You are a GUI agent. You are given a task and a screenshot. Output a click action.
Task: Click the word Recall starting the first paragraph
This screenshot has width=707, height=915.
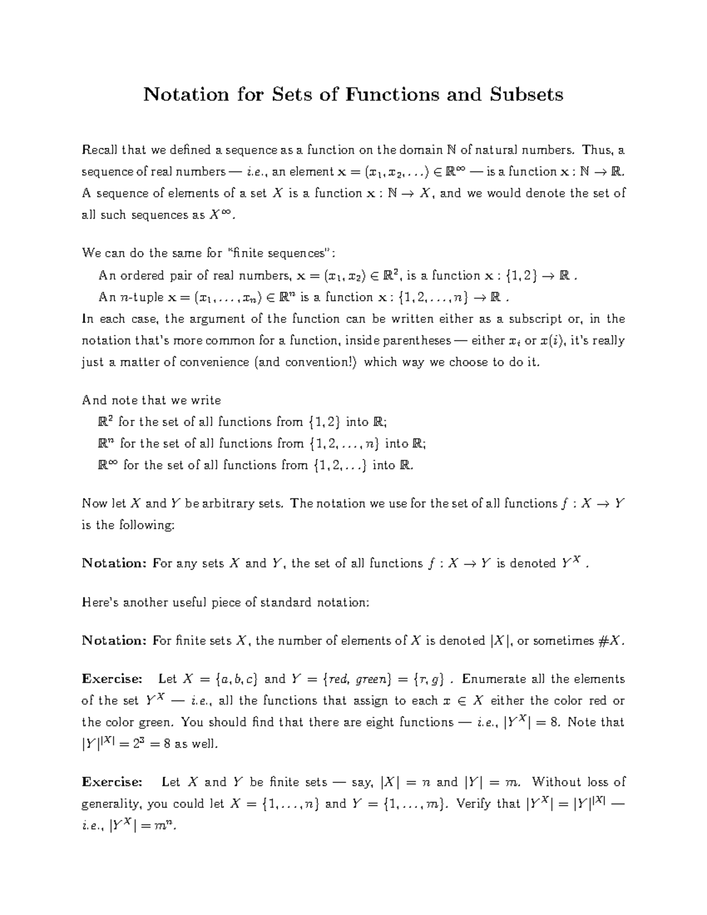[99, 150]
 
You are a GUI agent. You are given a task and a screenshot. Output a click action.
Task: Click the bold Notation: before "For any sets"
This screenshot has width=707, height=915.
[114, 564]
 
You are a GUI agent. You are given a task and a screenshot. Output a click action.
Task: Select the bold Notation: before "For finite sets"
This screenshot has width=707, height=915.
[114, 641]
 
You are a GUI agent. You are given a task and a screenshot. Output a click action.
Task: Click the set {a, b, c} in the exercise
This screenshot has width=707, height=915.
[237, 679]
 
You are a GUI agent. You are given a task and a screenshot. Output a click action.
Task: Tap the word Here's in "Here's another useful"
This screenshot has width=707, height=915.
[98, 603]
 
